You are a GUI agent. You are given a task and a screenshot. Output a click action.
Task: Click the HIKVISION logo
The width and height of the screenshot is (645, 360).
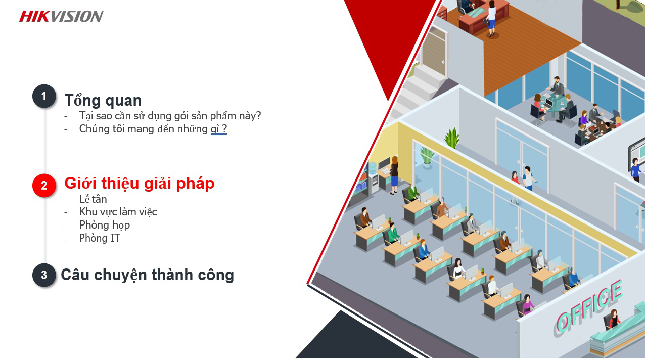coord(61,16)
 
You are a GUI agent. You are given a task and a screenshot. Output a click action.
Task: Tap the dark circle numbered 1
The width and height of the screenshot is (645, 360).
coord(44,96)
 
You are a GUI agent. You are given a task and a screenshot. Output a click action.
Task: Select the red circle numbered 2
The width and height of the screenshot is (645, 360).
coord(44,186)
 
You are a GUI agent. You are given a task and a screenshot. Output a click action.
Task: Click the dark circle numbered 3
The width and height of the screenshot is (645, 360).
coord(44,275)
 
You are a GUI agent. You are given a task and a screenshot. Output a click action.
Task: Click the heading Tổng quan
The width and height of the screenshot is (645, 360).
coord(103,101)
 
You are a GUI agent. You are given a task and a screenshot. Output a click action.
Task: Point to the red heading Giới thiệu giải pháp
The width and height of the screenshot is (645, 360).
coord(140,184)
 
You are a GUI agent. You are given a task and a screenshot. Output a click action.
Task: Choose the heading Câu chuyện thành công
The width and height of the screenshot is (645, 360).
coord(148,275)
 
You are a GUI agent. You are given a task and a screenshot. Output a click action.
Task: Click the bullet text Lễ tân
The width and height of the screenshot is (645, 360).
coord(93,199)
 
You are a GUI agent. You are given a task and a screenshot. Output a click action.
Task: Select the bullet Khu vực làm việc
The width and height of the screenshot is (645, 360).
coord(118,212)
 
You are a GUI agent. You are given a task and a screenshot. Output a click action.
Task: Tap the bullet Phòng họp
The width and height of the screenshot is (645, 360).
coord(105,225)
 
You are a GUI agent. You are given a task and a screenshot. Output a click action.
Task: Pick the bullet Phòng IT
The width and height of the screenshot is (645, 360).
coord(100,238)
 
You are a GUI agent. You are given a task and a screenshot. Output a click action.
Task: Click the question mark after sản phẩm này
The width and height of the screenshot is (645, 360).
coord(258,115)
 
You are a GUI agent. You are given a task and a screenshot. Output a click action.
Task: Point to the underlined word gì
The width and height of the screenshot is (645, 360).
coord(215,129)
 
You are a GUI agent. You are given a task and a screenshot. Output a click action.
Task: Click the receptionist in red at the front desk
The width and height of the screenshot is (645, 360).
coord(613,319)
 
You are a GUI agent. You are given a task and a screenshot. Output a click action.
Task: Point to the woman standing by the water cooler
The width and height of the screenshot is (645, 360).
coord(394,175)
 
